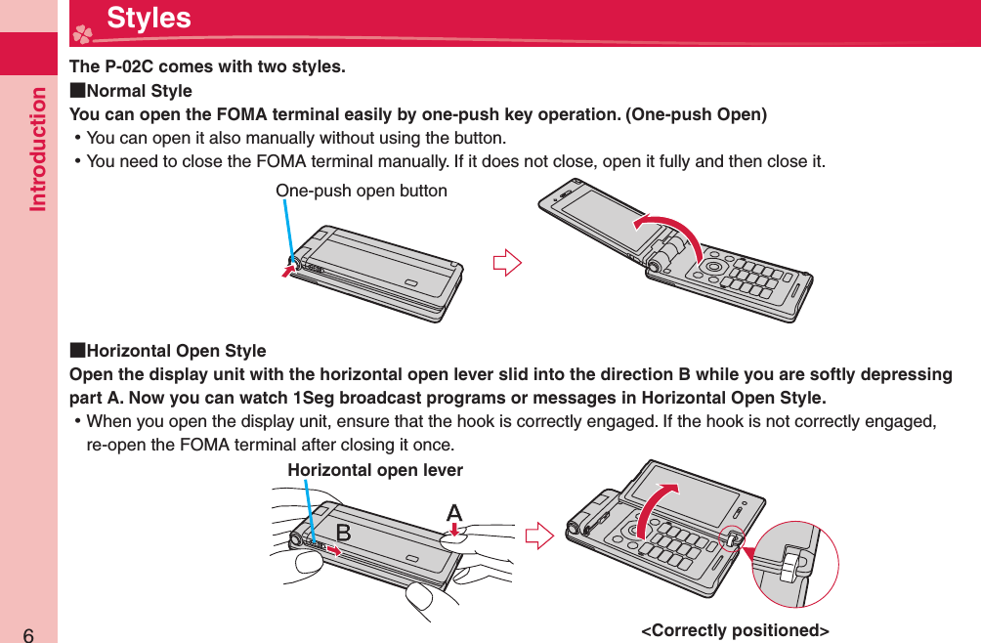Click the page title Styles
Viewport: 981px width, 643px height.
[x=149, y=19]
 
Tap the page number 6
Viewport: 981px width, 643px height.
[x=28, y=631]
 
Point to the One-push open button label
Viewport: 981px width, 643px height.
[x=362, y=191]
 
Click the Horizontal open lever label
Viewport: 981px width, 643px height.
[x=375, y=470]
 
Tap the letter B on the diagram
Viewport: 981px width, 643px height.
[x=344, y=532]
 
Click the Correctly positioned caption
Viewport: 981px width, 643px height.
[x=735, y=630]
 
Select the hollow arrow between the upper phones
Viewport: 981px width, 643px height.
[x=507, y=263]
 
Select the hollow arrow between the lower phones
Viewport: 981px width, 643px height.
[x=538, y=536]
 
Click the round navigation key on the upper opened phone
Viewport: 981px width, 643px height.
[x=714, y=267]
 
